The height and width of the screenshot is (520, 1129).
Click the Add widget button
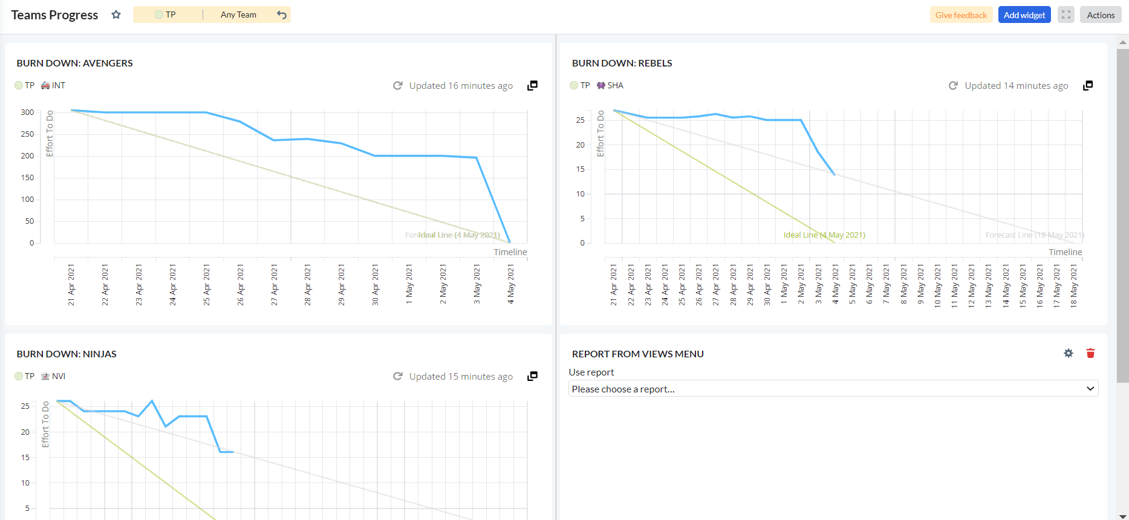click(1024, 15)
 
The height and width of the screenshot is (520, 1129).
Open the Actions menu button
click(1100, 15)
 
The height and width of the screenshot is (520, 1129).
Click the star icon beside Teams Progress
click(116, 15)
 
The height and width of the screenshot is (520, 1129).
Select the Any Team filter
click(238, 15)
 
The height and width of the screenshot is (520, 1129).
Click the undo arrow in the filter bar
click(282, 15)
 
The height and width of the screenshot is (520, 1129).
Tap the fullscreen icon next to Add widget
click(1066, 15)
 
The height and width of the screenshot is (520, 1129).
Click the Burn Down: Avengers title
click(74, 63)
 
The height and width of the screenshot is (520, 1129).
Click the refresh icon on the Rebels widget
click(953, 86)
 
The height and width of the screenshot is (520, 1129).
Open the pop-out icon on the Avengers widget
click(532, 86)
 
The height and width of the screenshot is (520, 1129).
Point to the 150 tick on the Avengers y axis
click(27, 178)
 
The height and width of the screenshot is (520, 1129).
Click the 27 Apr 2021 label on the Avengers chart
click(274, 285)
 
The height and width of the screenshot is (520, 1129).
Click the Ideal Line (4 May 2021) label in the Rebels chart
click(824, 235)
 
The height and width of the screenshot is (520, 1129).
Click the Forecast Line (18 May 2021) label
click(1034, 235)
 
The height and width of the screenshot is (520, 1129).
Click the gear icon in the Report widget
click(1069, 353)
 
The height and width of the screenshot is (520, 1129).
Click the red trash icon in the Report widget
click(1090, 353)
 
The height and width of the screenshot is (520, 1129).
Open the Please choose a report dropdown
click(833, 389)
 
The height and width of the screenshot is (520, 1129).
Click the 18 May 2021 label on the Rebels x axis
click(1074, 286)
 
